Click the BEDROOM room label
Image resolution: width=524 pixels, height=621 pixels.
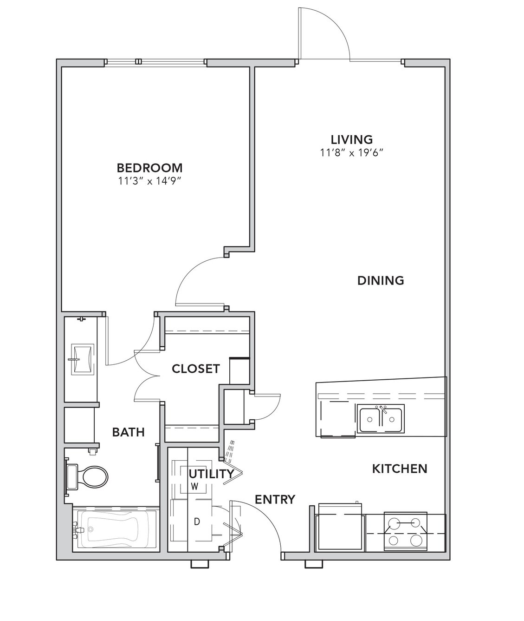(x=149, y=168)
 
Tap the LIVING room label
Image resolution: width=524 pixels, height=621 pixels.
(x=352, y=139)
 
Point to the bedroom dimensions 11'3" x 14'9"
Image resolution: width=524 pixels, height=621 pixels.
(x=150, y=181)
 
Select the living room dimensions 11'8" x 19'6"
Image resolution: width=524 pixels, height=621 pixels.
(x=352, y=152)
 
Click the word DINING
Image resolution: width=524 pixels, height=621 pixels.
(x=381, y=280)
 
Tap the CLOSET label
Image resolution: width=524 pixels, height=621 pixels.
(x=196, y=369)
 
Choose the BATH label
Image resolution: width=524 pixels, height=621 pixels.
(x=128, y=432)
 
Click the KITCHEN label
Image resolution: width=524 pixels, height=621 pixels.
(x=400, y=469)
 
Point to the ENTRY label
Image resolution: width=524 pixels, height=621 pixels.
(x=275, y=499)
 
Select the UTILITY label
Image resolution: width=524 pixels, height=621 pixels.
(x=211, y=474)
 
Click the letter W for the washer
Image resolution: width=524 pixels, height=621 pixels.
(x=194, y=487)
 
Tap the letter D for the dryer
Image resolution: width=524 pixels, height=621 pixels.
(x=197, y=522)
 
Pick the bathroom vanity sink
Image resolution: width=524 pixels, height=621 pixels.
(x=82, y=359)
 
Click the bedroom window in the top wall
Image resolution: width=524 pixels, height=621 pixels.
(x=155, y=62)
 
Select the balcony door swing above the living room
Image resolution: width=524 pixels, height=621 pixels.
(x=324, y=34)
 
